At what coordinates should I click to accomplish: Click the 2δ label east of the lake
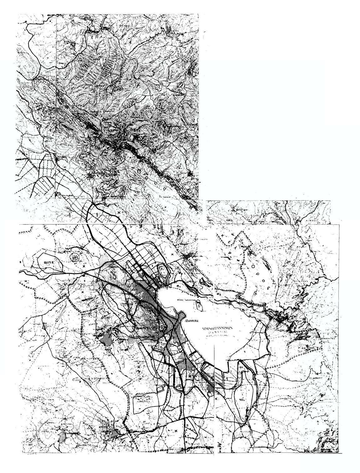217,294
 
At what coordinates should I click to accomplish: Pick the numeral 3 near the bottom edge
187,426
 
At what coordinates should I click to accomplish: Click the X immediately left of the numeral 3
176,430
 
